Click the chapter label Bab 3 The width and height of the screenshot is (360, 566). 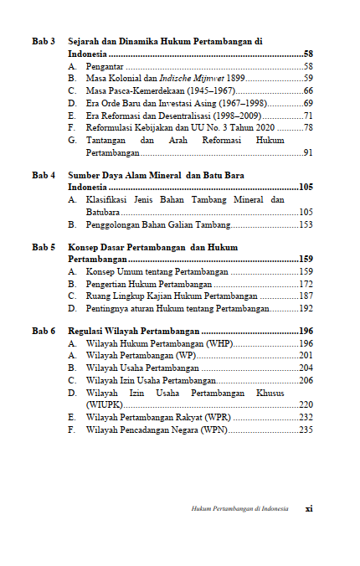pyautogui.click(x=44, y=41)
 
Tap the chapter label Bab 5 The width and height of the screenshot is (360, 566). pyautogui.click(x=44, y=248)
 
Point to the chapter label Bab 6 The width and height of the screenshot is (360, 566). pyautogui.click(x=44, y=332)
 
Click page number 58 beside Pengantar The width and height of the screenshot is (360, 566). pyautogui.click(x=308, y=66)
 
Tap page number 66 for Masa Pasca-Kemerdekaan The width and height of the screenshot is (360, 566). pyautogui.click(x=308, y=90)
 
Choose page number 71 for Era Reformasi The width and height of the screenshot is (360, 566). pyautogui.click(x=308, y=116)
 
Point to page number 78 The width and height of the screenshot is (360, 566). pyautogui.click(x=308, y=127)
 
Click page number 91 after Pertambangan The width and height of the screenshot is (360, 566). pyautogui.click(x=308, y=152)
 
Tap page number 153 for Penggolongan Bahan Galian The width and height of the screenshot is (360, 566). pyautogui.click(x=306, y=224)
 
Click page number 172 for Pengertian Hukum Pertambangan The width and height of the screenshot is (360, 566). pyautogui.click(x=306, y=285)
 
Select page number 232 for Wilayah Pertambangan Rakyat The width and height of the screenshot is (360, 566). pyautogui.click(x=306, y=417)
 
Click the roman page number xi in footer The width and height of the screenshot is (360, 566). pyautogui.click(x=308, y=508)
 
